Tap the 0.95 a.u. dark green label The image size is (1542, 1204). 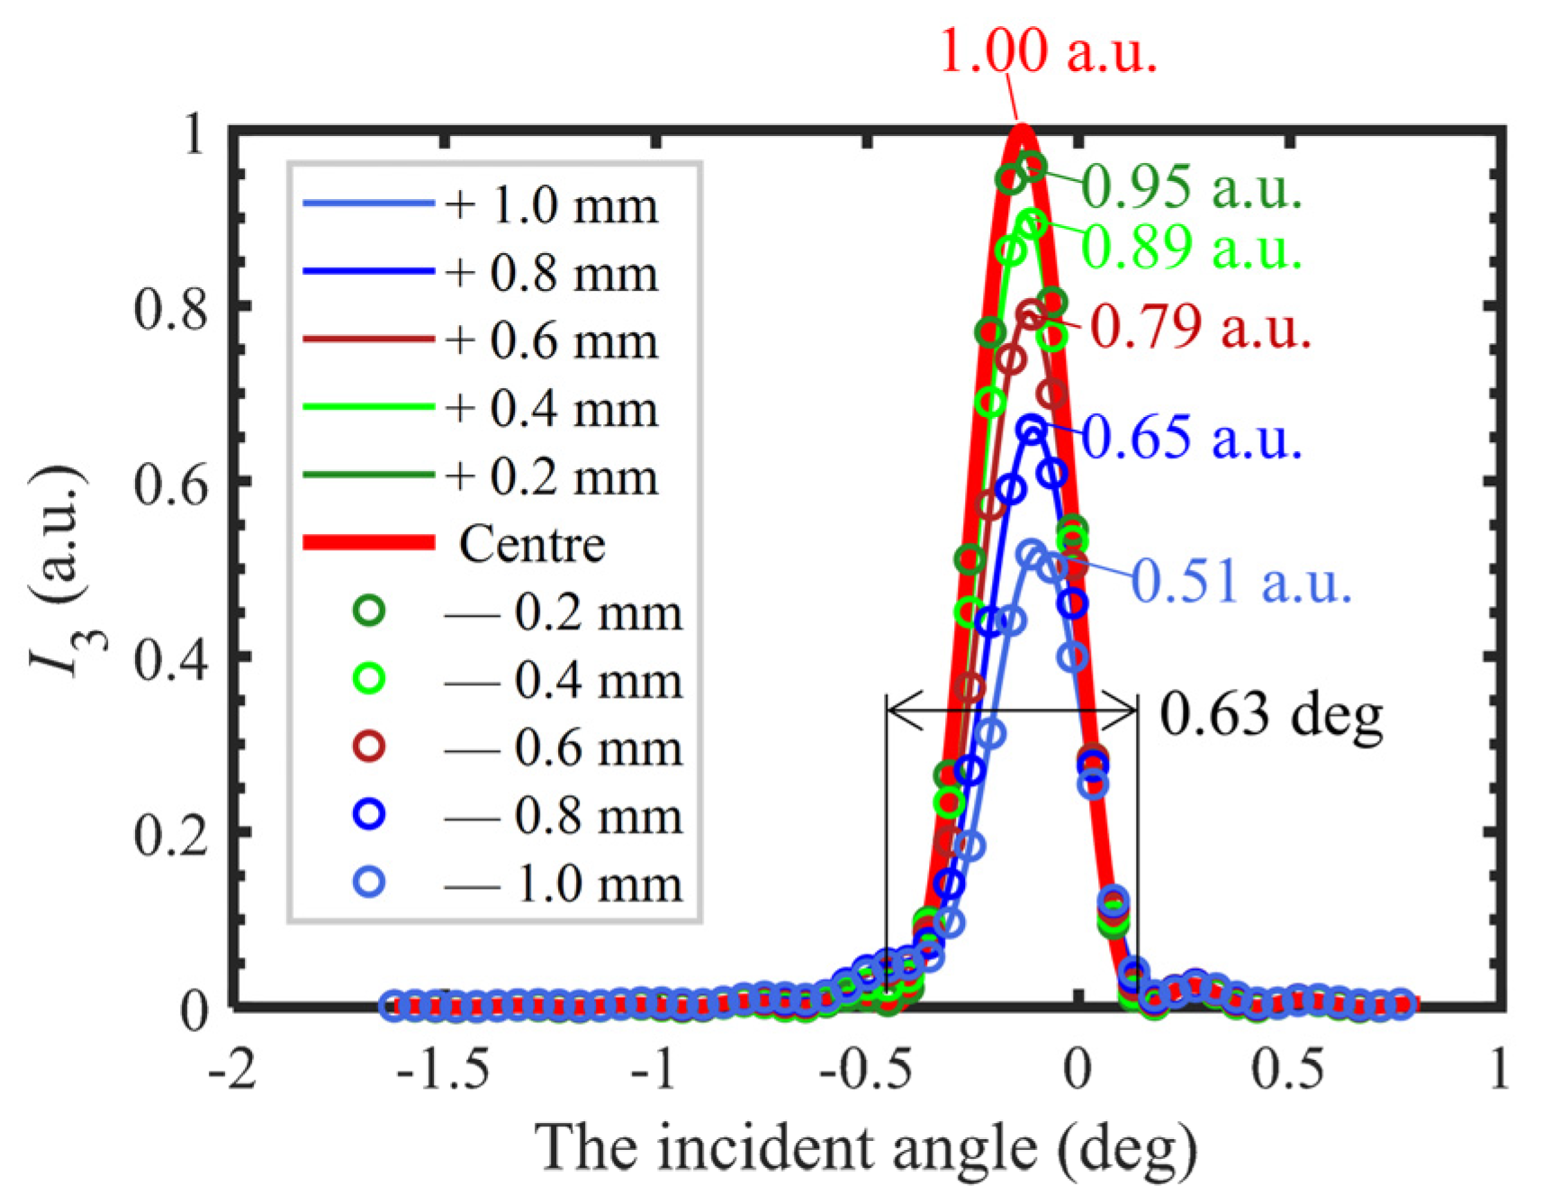[x=1190, y=187]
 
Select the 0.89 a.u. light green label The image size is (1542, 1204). [x=1190, y=247]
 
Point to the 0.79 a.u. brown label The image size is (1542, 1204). [x=1199, y=327]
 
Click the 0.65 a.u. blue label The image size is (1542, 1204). [x=1190, y=438]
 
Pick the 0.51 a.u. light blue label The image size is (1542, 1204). [x=1240, y=581]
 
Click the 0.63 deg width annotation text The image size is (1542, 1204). [x=1269, y=716]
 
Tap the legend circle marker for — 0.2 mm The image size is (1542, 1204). [x=369, y=611]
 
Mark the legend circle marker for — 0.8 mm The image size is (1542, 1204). [x=369, y=815]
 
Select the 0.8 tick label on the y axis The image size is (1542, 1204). [x=170, y=309]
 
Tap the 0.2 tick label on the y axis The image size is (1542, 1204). [x=170, y=836]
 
